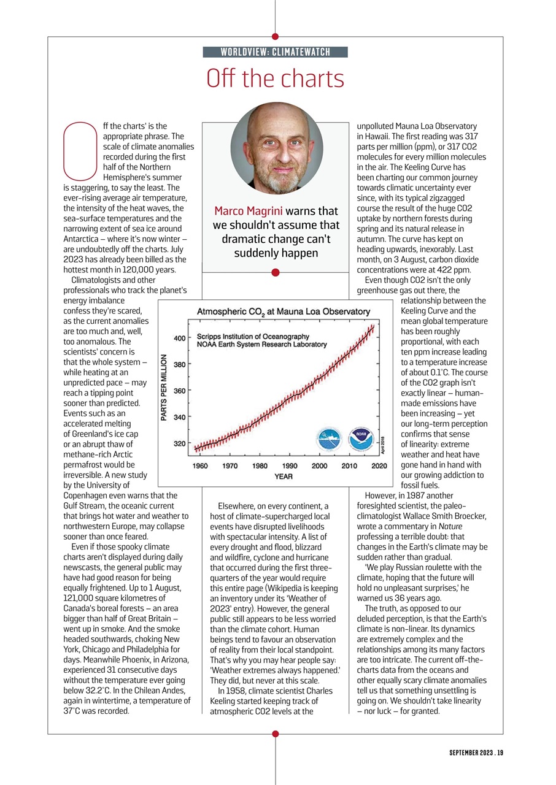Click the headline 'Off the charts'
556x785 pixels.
[x=275, y=79]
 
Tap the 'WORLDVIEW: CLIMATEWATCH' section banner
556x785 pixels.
[x=275, y=52]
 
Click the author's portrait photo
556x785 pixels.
[x=276, y=148]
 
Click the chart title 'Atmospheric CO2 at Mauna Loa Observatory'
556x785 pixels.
[x=283, y=312]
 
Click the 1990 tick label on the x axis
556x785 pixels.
[x=289, y=466]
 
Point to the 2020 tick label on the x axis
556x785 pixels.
[x=379, y=466]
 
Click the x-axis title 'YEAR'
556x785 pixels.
[x=283, y=477]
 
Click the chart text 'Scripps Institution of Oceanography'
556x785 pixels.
[x=253, y=336]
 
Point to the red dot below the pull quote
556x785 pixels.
[x=275, y=272]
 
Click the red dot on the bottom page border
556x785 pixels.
[x=275, y=733]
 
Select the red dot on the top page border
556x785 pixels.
[x=275, y=37]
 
